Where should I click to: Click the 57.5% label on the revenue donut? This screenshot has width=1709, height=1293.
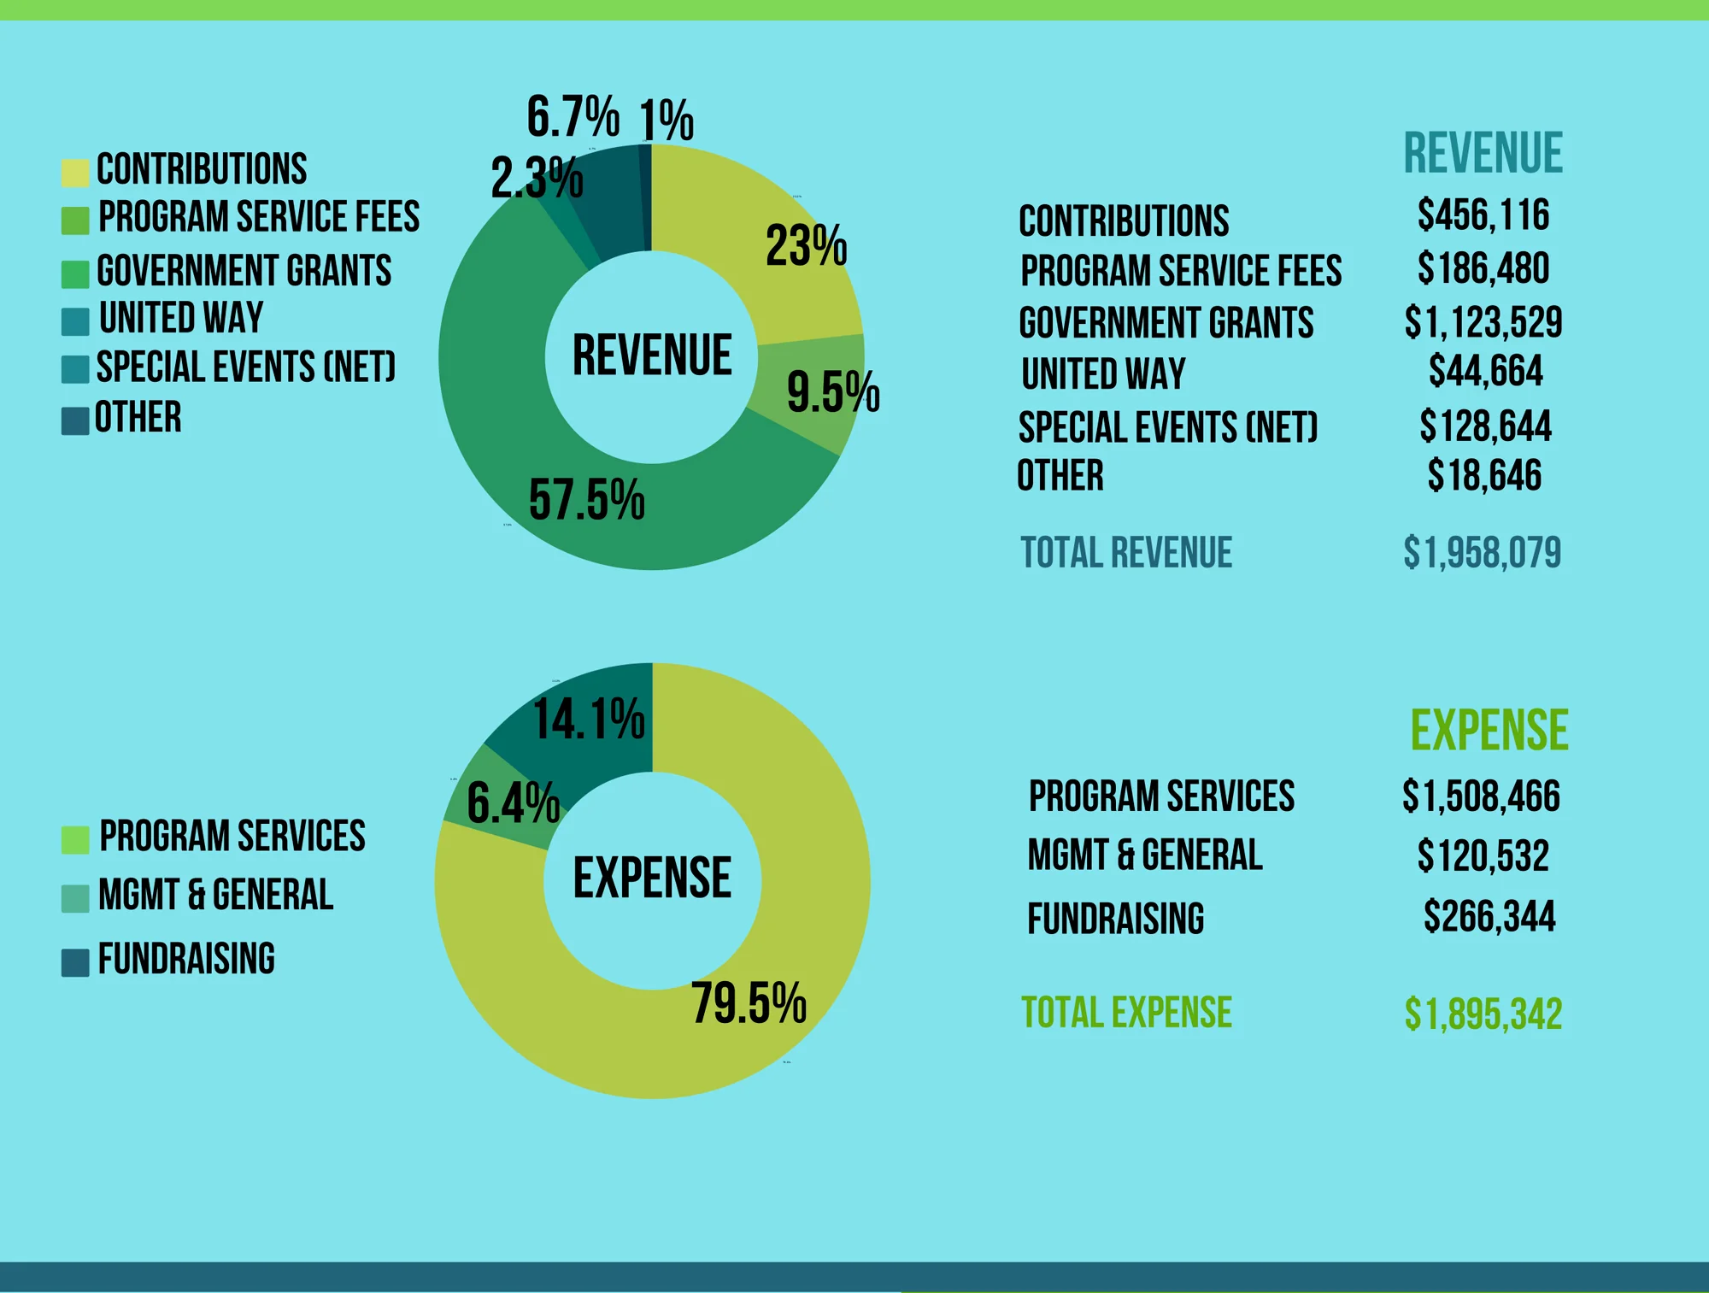pos(587,500)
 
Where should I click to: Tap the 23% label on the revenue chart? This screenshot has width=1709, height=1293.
pos(806,245)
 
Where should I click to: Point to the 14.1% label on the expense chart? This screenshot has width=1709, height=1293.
pos(589,719)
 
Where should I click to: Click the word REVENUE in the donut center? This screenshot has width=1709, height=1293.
pos(652,356)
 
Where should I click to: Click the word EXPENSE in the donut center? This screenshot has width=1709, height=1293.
pos(652,878)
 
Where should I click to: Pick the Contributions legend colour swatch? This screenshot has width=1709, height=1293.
pos(75,172)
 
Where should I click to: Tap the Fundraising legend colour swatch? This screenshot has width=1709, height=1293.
pos(75,962)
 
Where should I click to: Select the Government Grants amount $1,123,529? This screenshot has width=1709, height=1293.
pos(1483,322)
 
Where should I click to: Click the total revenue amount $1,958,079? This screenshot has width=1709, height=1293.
pos(1483,552)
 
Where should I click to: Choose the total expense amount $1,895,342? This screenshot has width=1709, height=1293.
pos(1483,1014)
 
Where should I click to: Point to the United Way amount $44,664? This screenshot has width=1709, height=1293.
pos(1486,371)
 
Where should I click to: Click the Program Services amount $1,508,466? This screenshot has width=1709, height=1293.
pos(1481,796)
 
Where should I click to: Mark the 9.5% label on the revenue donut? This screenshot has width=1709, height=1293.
pos(833,392)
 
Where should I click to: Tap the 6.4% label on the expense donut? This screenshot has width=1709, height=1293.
pos(513,803)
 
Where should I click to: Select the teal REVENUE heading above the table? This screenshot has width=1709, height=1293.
pos(1483,154)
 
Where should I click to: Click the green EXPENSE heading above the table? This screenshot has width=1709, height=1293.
pos(1489,731)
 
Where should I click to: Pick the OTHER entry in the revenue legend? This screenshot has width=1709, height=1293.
pos(138,418)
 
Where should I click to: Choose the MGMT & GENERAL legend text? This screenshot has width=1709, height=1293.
pos(215,895)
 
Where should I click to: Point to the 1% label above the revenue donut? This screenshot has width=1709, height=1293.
pos(667,120)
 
